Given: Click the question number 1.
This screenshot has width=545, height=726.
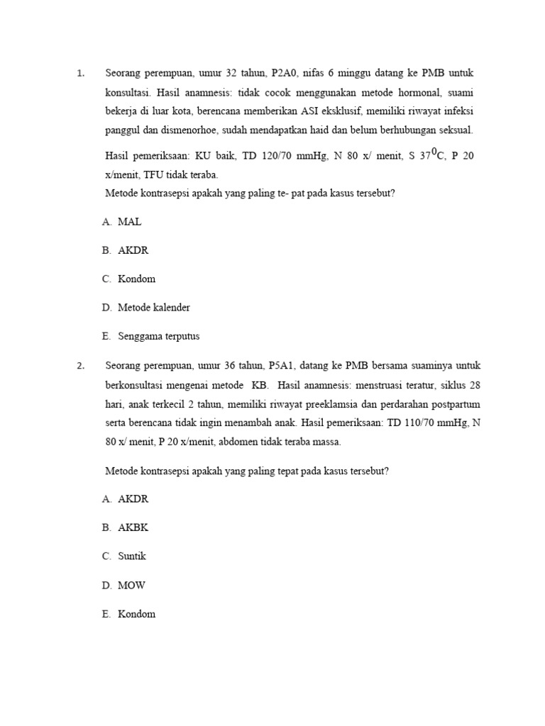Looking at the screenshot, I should pyautogui.click(x=80, y=73).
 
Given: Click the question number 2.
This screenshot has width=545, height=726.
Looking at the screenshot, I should pyautogui.click(x=80, y=366).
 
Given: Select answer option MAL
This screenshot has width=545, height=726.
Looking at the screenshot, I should pyautogui.click(x=130, y=222).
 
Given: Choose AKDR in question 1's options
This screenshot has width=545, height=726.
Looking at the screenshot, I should pyautogui.click(x=133, y=250).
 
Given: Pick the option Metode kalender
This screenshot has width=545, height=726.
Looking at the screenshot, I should pyautogui.click(x=154, y=308).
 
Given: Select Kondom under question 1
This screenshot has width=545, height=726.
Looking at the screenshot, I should pyautogui.click(x=136, y=279).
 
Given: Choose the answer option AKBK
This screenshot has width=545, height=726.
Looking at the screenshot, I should pyautogui.click(x=133, y=527).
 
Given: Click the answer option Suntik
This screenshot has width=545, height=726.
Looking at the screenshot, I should pyautogui.click(x=132, y=557).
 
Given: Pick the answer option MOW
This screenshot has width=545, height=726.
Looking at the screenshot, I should pyautogui.click(x=131, y=586).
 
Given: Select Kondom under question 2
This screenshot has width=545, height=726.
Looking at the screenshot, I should pyautogui.click(x=136, y=614).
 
